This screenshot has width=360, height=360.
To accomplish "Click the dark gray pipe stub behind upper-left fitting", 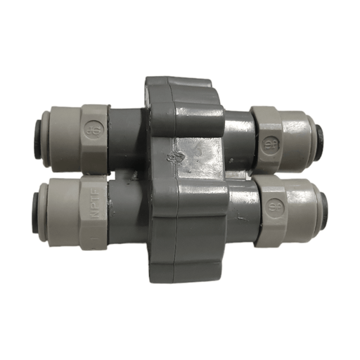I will (x=127, y=138).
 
